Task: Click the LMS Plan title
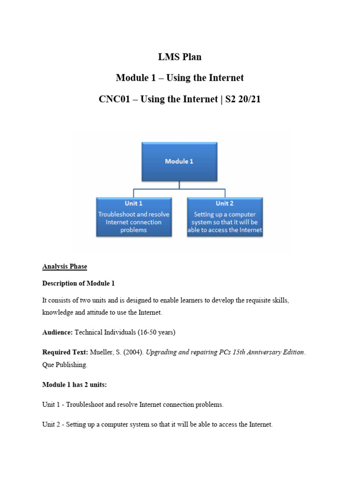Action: (x=180, y=57)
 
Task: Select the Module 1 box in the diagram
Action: (x=179, y=161)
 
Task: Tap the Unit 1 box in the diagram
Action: (x=134, y=216)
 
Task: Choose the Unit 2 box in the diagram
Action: (x=225, y=216)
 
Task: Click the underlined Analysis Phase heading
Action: (x=65, y=266)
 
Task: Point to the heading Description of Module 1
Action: (x=78, y=283)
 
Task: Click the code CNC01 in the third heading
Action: (x=116, y=99)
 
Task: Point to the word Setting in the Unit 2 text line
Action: (x=75, y=425)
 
